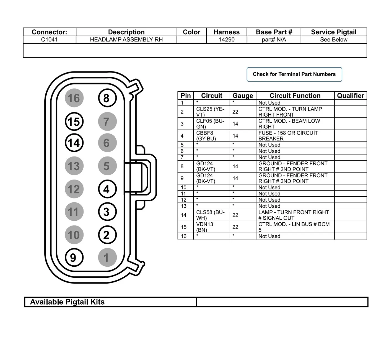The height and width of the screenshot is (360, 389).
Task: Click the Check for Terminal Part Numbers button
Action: pos(294,74)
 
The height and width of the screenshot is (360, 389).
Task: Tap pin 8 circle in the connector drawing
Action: pos(107,98)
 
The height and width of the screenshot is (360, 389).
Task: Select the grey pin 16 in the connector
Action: pos(74,98)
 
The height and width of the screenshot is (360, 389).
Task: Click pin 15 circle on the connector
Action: pos(74,122)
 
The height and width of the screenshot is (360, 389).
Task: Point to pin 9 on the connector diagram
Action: pos(74,258)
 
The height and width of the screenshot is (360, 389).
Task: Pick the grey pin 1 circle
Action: pos(107,258)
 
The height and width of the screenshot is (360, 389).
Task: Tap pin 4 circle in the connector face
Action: pos(107,189)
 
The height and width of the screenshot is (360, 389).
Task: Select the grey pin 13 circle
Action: pos(74,166)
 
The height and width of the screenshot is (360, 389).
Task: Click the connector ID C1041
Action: pos(49,40)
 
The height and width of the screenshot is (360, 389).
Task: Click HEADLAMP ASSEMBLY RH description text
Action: pos(126,40)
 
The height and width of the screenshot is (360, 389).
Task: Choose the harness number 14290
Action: pos(227,40)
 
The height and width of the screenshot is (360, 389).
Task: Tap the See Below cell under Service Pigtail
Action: pos(334,40)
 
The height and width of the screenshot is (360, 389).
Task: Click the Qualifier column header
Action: pos(350,96)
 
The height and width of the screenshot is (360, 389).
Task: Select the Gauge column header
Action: pos(243,96)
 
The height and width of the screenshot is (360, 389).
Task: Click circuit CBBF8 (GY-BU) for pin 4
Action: pos(206,136)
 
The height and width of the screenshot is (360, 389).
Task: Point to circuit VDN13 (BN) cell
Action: pos(205,227)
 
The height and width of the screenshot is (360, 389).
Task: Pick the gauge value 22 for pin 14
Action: pos(235,215)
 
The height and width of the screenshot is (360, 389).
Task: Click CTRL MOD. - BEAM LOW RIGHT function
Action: pos(289,124)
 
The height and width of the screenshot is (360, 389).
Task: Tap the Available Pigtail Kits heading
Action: pos(67,302)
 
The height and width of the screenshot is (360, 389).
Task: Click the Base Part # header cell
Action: pos(274,32)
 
